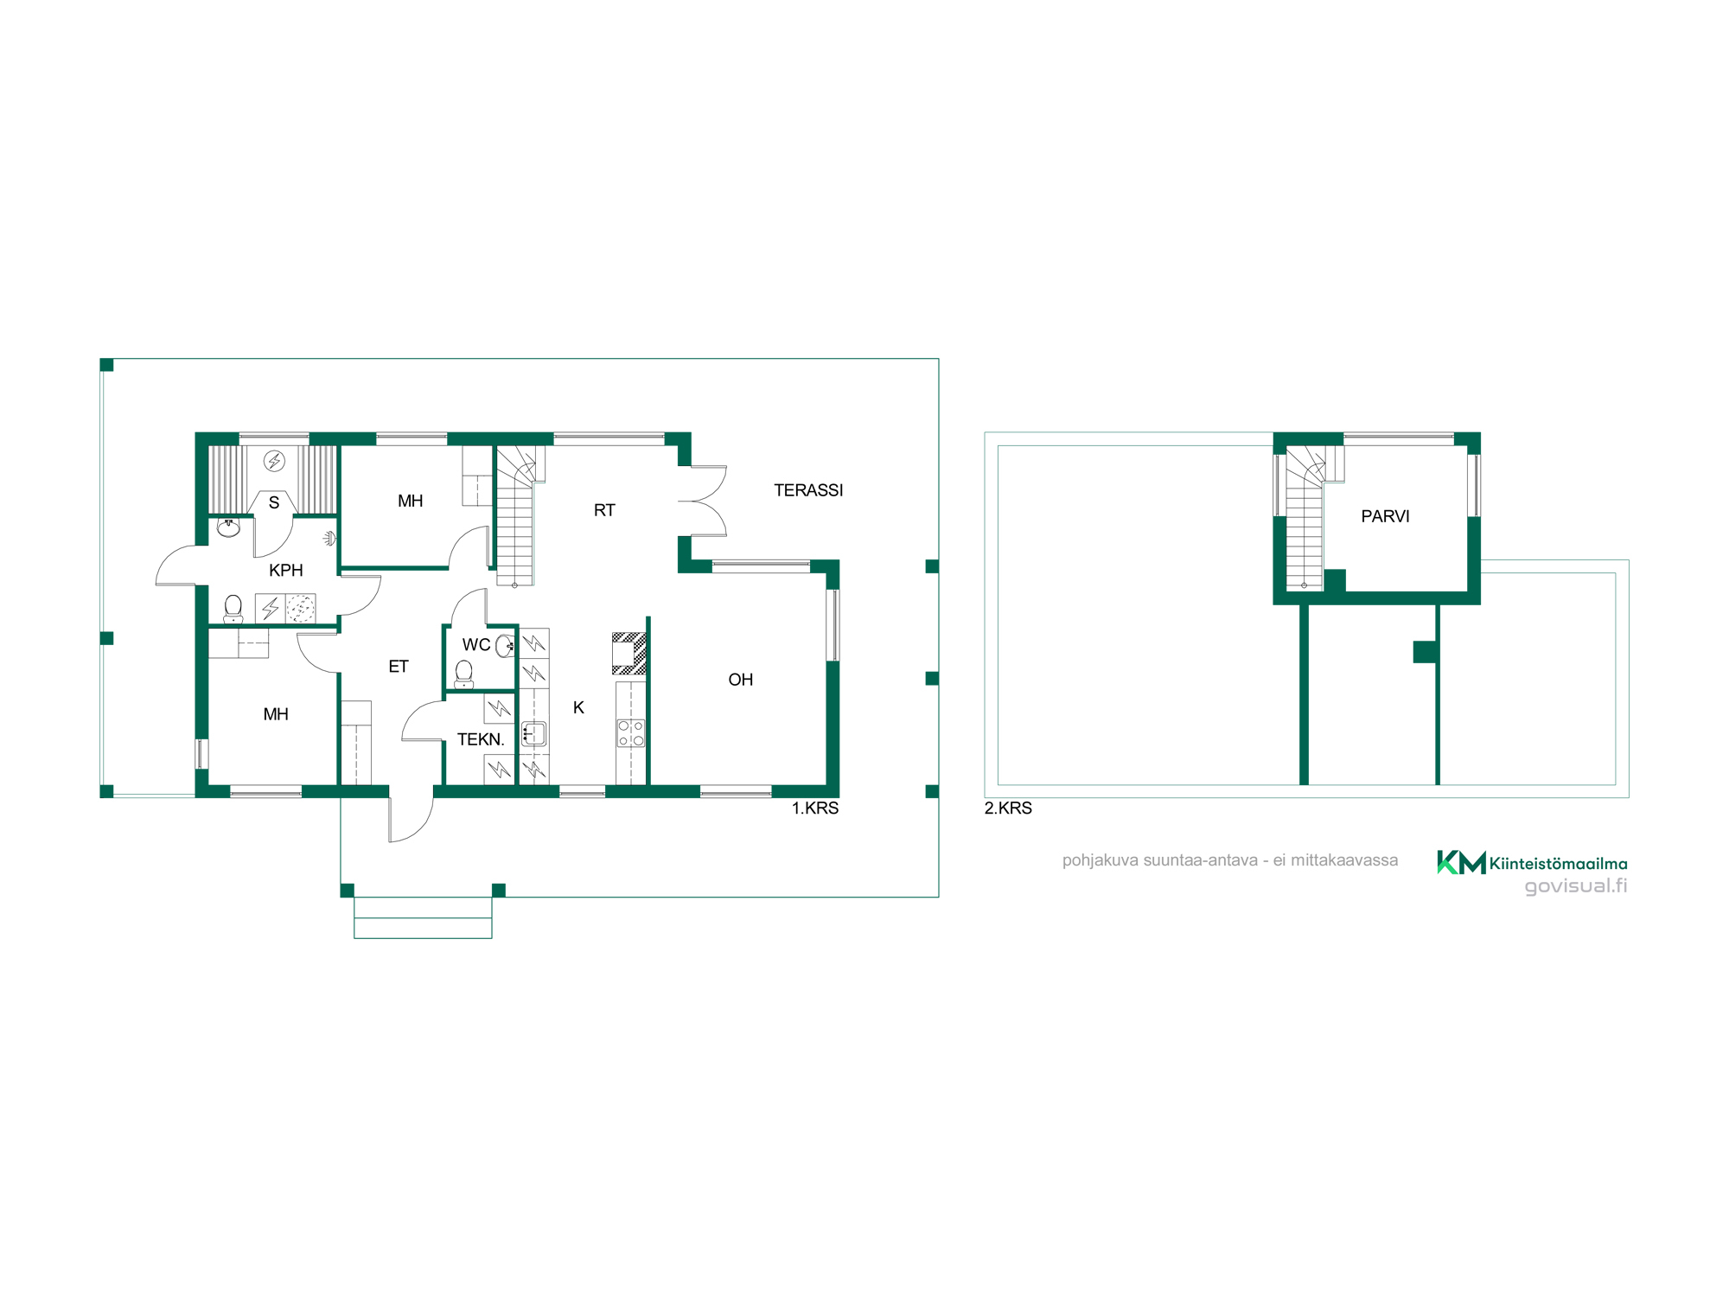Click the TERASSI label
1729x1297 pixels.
tap(808, 490)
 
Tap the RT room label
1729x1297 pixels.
tap(604, 510)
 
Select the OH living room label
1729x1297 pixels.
tap(741, 680)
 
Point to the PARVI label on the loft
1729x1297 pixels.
tap(1385, 516)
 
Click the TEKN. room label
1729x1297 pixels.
tap(481, 739)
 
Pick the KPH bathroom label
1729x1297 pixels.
tap(286, 571)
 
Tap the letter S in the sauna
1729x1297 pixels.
tap(274, 502)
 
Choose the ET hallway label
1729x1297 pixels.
tap(399, 667)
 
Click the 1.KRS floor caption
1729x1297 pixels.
tap(815, 808)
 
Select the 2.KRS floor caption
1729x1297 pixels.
tap(1008, 808)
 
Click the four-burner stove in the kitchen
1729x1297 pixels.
tap(631, 733)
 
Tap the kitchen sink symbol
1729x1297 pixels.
tap(533, 734)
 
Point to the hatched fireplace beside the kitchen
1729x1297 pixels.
tap(629, 654)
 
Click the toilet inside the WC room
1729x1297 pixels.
tap(464, 674)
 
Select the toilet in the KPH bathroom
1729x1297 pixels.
tap(233, 609)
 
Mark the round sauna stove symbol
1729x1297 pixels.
tap(275, 461)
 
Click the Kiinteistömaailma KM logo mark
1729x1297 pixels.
tap(1461, 862)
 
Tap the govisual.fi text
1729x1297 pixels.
tap(1576, 886)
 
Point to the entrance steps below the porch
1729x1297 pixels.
tap(423, 917)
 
